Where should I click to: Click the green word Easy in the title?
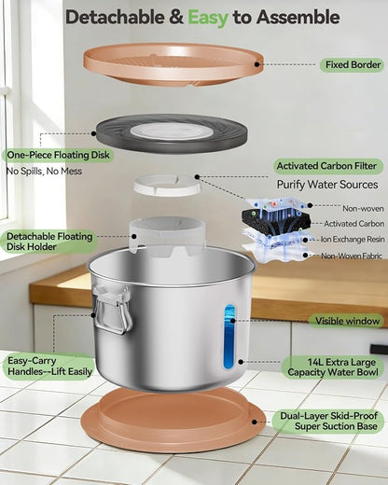click(208, 18)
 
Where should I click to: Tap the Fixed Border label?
click(353, 65)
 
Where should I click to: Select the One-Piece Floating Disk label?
click(58, 155)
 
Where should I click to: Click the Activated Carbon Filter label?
click(326, 166)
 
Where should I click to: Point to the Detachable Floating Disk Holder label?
click(49, 242)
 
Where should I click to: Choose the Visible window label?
click(347, 321)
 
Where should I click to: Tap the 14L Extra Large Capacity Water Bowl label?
click(332, 367)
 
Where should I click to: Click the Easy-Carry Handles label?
click(49, 367)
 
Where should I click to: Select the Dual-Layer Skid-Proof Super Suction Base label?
click(328, 421)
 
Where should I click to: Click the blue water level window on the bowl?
click(229, 337)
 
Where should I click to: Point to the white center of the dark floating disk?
click(172, 131)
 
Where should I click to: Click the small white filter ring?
click(168, 186)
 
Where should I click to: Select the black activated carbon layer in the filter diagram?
click(277, 219)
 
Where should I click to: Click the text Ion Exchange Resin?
click(353, 240)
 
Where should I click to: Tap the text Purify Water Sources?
click(327, 185)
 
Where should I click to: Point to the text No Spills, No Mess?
click(44, 171)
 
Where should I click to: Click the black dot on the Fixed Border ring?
click(256, 64)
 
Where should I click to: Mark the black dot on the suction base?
click(255, 422)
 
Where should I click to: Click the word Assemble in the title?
click(298, 17)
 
